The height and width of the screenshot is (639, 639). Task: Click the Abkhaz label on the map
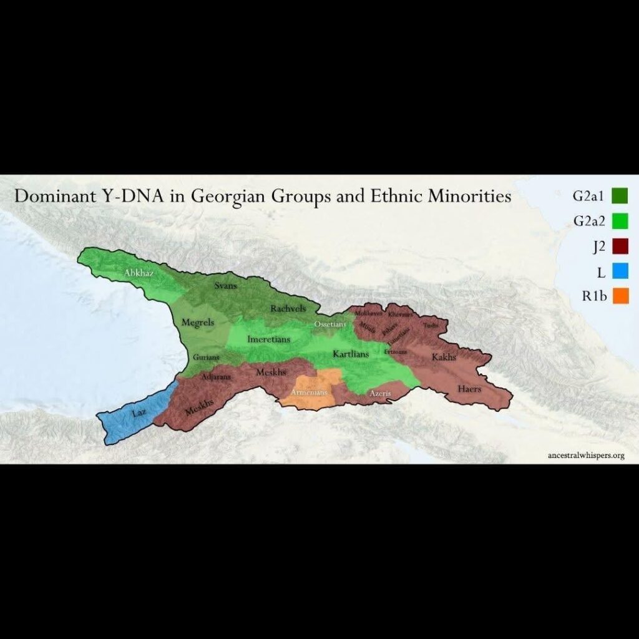139,273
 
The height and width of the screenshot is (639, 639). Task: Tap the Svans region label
225,286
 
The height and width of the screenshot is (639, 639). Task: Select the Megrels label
198,323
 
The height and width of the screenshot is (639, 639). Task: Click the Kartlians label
351,354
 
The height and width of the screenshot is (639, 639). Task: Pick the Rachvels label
286,308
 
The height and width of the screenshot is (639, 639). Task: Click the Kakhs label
444,358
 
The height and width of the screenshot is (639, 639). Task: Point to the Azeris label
380,394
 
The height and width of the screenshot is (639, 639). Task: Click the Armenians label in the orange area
310,393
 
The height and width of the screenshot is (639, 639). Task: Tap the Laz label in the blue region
139,413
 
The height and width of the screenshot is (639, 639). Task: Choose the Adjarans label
217,377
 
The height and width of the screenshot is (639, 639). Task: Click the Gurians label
205,358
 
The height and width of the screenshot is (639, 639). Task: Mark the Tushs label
431,326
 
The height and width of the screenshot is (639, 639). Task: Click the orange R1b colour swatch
620,296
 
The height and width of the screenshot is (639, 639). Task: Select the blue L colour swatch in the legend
620,271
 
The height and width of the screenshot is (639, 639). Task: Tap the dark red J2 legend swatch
620,245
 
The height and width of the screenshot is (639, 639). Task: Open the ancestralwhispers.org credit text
585,455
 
